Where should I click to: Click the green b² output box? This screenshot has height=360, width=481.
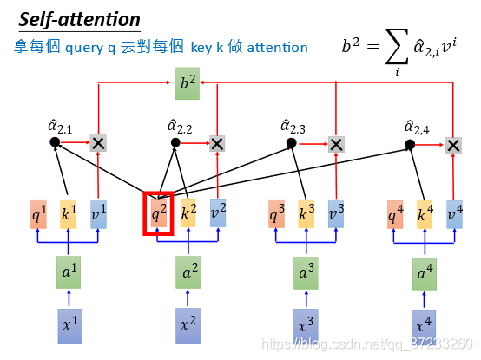click(188, 83)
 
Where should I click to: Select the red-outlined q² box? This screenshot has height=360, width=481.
click(158, 213)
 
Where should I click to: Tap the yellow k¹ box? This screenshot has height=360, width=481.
click(68, 214)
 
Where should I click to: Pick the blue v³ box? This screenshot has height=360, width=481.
click(336, 213)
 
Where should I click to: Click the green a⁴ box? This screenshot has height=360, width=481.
click(425, 274)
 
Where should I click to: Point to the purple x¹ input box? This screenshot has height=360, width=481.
click(70, 326)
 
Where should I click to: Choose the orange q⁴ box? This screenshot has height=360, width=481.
click(395, 214)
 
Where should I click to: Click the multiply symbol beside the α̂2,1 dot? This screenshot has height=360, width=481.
click(98, 143)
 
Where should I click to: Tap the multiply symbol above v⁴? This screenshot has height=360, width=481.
click(453, 145)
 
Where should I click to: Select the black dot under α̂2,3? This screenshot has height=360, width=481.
click(292, 143)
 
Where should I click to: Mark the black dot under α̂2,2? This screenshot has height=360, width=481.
click(175, 142)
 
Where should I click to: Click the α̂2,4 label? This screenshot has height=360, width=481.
click(417, 128)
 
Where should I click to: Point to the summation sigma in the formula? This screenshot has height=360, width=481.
click(397, 47)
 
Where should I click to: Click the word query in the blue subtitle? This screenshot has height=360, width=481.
click(84, 48)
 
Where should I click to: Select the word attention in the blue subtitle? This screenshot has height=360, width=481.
click(277, 48)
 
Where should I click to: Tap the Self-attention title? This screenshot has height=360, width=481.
click(80, 20)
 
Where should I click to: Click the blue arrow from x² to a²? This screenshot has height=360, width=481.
click(188, 298)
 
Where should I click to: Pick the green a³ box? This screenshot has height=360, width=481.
click(306, 273)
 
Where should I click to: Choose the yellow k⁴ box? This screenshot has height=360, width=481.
click(425, 214)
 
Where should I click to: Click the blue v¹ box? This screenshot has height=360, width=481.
click(98, 214)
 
